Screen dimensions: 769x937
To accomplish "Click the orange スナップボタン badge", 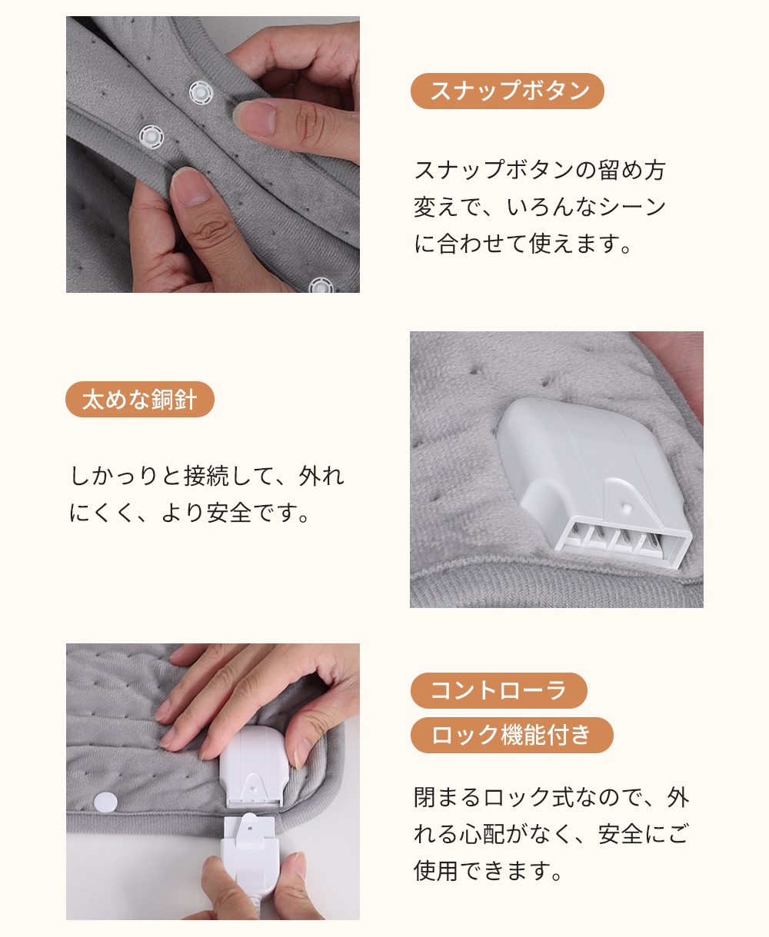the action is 508,91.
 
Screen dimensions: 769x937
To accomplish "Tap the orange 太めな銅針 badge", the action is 140,399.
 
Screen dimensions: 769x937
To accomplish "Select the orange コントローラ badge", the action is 499,690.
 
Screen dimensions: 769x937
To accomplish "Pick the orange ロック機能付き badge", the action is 511,735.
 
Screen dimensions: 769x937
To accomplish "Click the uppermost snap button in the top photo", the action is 201,93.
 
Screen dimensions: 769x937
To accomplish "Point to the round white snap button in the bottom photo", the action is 105,802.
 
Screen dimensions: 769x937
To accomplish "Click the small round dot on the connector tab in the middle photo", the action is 627,506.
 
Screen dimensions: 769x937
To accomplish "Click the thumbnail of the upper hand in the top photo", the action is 255,118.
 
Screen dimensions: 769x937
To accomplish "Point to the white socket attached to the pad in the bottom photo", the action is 252,766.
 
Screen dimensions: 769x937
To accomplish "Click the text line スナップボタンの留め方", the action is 540,170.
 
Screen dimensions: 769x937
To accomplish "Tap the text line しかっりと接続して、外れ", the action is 207,476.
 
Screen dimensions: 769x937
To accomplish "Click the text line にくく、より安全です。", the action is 189,512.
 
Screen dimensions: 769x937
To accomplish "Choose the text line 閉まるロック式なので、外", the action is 551,796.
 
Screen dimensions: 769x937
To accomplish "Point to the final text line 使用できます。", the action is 488,870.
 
